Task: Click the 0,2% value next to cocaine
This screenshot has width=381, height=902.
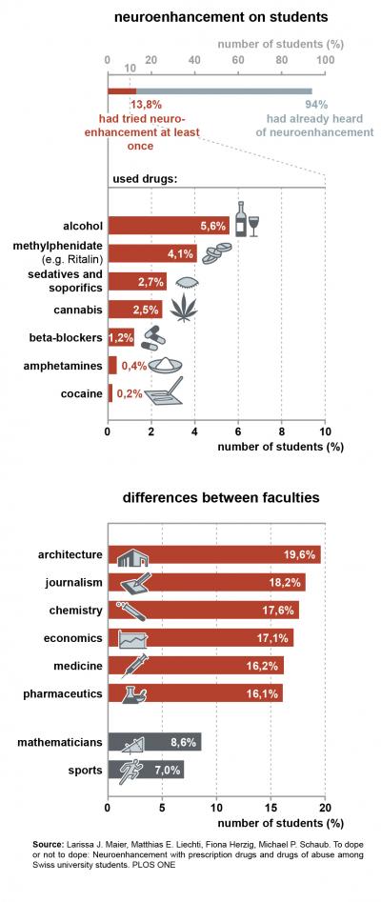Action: point(130,392)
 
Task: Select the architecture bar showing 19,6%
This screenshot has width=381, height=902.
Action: point(214,554)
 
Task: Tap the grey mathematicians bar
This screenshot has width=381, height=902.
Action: point(153,741)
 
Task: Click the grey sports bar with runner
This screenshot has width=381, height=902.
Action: point(145,769)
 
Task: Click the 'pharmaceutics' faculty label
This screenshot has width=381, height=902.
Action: point(63,693)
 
